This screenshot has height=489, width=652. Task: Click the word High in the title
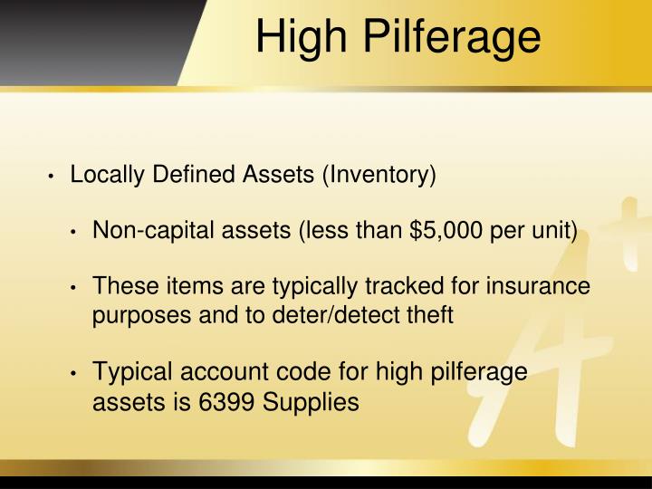tap(294, 38)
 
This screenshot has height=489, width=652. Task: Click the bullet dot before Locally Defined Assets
tap(54, 175)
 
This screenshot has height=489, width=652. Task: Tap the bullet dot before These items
tap(77, 288)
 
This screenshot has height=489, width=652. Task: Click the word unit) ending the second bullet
tap(555, 230)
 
